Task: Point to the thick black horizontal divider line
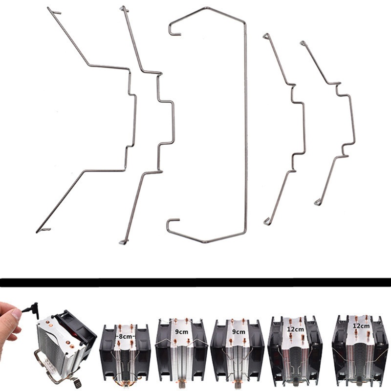[x=195, y=282]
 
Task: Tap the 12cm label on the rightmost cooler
[x=361, y=325]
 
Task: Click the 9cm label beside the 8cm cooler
[x=181, y=332]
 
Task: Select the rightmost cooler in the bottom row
[x=361, y=352]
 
